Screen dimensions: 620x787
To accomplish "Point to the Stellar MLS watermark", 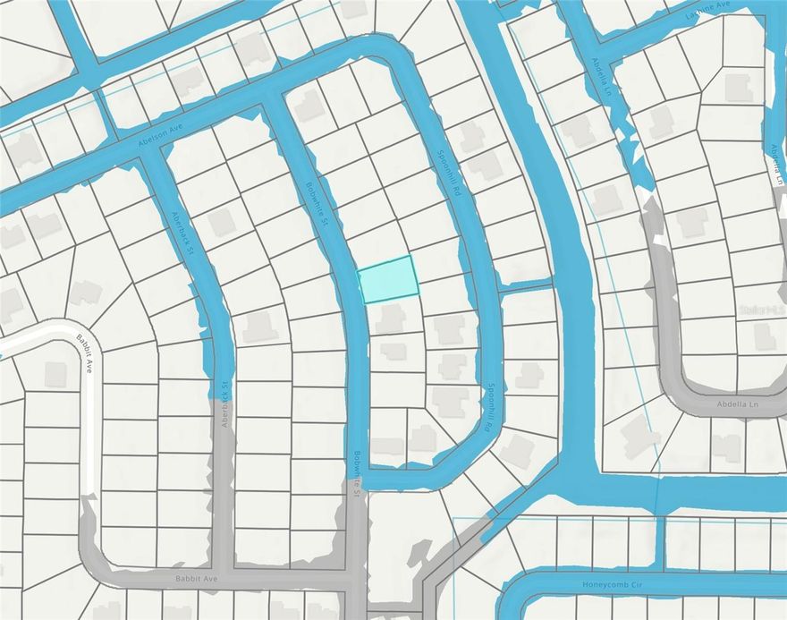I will (x=761, y=310).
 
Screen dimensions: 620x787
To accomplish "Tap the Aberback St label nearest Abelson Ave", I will (x=182, y=232).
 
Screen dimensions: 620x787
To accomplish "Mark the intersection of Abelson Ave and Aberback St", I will (x=148, y=152).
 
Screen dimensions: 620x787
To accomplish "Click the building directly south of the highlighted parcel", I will (x=391, y=317).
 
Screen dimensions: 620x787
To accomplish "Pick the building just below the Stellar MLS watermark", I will (x=765, y=336).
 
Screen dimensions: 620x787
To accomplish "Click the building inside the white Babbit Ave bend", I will (x=55, y=374).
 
